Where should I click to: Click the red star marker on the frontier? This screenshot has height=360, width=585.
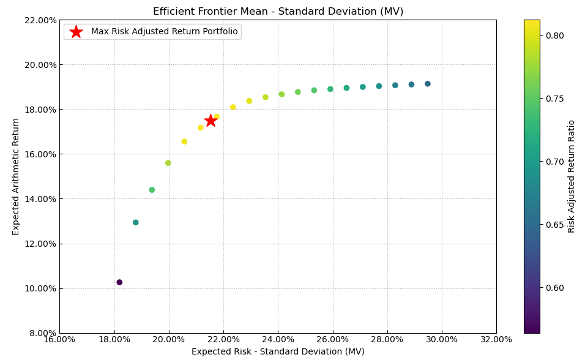(211, 121)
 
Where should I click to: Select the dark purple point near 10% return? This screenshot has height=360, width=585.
(119, 282)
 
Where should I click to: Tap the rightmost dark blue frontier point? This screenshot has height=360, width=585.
(428, 84)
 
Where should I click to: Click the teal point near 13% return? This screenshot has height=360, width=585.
(136, 222)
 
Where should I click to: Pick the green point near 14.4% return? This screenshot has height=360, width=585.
(152, 190)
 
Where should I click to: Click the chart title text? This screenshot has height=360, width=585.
(278, 12)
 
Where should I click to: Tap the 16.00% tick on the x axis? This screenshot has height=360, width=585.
(59, 339)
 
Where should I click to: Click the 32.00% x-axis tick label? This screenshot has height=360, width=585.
(496, 339)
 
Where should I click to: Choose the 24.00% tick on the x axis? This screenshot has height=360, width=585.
(278, 339)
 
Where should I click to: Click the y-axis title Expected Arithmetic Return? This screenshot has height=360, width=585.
(17, 176)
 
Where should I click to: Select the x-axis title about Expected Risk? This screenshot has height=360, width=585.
(278, 352)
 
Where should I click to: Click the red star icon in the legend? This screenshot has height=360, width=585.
(76, 32)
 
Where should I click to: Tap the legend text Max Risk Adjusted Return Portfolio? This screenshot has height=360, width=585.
(164, 32)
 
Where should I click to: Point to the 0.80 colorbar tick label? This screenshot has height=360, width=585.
(554, 36)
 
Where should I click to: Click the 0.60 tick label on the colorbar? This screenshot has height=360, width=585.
(554, 288)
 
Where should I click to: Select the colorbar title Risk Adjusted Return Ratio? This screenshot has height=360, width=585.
(572, 176)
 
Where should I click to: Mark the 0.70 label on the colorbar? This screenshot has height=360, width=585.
(554, 162)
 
